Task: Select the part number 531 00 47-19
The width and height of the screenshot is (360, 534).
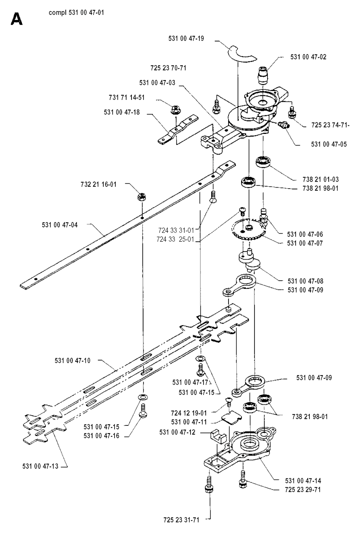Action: (186, 38)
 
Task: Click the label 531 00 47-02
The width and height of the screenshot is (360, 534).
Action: (308, 57)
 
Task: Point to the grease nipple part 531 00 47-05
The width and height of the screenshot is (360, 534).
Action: (283, 124)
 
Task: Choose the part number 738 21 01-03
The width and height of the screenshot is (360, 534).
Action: (321, 179)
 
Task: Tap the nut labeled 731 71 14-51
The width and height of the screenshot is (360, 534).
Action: (175, 110)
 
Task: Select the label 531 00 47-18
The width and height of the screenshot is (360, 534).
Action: (122, 112)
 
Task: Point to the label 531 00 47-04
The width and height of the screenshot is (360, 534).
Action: (60, 225)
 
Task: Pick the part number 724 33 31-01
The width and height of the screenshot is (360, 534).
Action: (176, 230)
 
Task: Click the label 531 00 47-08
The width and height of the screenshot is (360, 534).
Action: (306, 281)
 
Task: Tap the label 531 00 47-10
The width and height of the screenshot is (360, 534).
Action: (72, 360)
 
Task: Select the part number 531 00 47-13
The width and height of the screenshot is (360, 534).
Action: (40, 466)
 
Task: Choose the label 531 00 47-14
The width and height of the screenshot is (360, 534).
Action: (303, 481)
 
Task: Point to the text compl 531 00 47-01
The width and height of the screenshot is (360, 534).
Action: (76, 13)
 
